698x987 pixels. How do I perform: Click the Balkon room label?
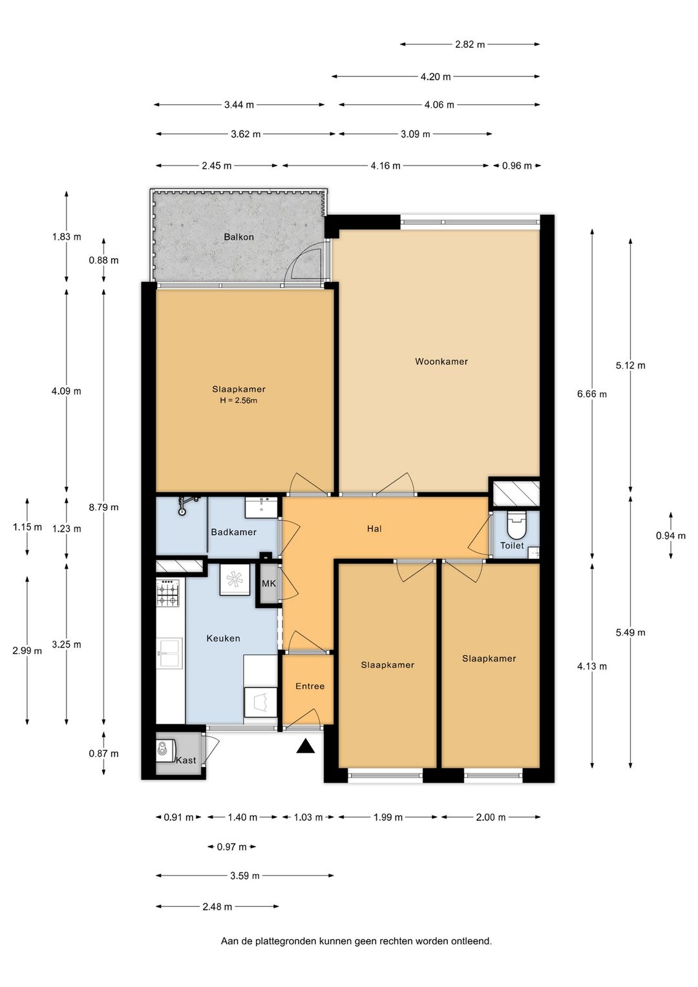coord(238,237)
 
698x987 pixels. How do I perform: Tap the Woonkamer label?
coord(441,362)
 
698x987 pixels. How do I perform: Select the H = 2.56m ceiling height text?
coord(238,400)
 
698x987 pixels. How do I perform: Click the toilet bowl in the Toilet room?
coord(516,525)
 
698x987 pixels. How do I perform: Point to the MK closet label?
coord(269,584)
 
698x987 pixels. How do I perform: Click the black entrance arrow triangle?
coord(306,746)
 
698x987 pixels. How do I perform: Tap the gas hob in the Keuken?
coord(168,593)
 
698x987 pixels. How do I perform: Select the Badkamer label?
coord(233,532)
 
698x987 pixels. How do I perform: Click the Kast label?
coord(186,760)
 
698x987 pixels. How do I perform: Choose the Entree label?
coord(310,686)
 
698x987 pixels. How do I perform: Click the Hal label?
coord(374,529)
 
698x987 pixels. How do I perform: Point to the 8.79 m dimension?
coord(103,507)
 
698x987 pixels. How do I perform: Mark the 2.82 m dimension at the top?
coord(470,45)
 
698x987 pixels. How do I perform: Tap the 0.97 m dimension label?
coord(231,847)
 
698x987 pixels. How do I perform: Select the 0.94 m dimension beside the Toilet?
coord(671,536)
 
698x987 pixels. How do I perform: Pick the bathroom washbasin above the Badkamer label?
coord(262,508)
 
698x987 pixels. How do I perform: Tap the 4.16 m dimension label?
coord(386,166)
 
